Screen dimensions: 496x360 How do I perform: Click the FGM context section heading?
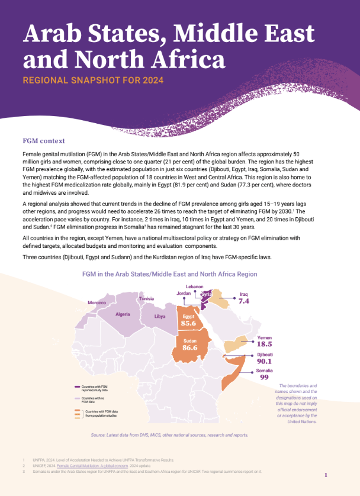[44, 141]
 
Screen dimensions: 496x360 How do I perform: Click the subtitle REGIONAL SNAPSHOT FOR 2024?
[93, 80]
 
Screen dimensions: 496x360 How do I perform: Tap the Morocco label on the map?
[97, 302]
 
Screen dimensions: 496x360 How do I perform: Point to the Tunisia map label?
[146, 299]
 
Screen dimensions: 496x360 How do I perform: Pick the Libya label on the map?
[160, 317]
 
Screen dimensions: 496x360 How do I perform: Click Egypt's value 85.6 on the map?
[189, 324]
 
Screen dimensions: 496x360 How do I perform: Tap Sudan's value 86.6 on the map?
[190, 348]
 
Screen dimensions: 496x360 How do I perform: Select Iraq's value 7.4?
[244, 301]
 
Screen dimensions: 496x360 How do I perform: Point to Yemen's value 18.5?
[264, 344]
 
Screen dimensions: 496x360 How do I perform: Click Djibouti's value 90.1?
[264, 361]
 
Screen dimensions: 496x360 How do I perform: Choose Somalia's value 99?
[264, 377]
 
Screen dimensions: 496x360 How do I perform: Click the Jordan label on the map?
[184, 293]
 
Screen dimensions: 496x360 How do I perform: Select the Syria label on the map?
[207, 294]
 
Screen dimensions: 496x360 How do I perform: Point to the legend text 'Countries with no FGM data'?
[94, 400]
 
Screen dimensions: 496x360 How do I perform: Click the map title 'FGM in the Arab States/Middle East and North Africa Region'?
[169, 274]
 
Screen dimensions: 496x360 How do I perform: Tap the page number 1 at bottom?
[326, 475]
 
